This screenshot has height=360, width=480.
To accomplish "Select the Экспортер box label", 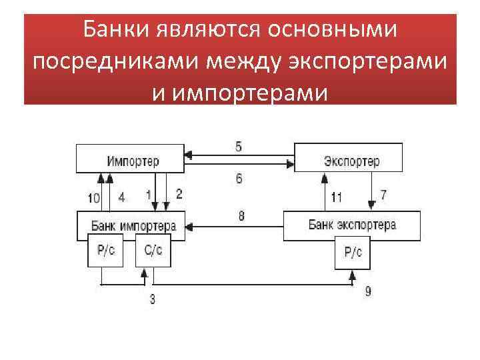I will [x=351, y=162].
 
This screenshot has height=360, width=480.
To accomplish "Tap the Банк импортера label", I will [x=133, y=225].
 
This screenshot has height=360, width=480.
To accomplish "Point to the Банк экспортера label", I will [x=352, y=225].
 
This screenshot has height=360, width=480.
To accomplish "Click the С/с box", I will [x=153, y=251].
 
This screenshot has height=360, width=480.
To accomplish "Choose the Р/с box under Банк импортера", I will [x=105, y=251].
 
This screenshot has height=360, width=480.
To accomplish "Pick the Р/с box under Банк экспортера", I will [x=353, y=252].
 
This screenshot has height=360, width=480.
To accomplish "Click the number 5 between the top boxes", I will [x=239, y=145].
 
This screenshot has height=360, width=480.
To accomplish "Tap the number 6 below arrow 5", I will [x=239, y=178].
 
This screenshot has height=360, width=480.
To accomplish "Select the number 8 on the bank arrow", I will [x=240, y=215].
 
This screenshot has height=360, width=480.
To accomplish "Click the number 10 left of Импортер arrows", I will [x=93, y=197].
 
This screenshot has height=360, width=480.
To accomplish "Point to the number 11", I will [x=337, y=197].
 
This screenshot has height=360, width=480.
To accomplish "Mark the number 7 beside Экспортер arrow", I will [x=383, y=195].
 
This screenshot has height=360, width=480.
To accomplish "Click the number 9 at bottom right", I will [x=368, y=291].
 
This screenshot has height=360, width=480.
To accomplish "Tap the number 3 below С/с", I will [x=152, y=299].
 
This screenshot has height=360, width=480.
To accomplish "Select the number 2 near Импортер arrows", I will [x=178, y=194].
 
